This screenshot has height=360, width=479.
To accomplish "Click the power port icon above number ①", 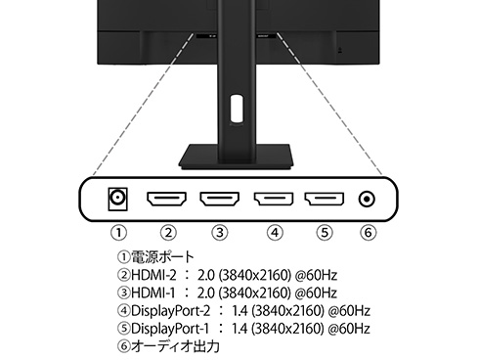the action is click(x=118, y=199).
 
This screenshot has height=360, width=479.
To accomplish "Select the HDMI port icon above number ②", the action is click(x=167, y=200).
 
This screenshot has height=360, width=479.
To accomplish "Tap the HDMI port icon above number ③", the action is click(x=220, y=200).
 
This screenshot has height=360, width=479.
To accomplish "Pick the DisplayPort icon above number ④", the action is click(x=274, y=200).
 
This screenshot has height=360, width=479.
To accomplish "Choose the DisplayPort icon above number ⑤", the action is click(x=324, y=200).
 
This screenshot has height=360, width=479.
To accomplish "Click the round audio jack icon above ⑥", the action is click(x=368, y=200).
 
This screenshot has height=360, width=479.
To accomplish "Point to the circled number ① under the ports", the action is click(x=118, y=233).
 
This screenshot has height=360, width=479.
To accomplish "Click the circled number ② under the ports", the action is click(x=167, y=233).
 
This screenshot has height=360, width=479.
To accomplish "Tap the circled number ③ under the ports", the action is click(x=220, y=233).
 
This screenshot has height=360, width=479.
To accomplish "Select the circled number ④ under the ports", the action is click(x=274, y=233).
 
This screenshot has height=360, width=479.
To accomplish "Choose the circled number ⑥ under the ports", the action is click(x=368, y=233).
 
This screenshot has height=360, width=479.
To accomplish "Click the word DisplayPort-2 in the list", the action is click(x=171, y=311).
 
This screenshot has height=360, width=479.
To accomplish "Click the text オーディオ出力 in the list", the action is click(x=175, y=345).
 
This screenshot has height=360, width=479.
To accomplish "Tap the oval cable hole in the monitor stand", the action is click(x=236, y=106).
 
